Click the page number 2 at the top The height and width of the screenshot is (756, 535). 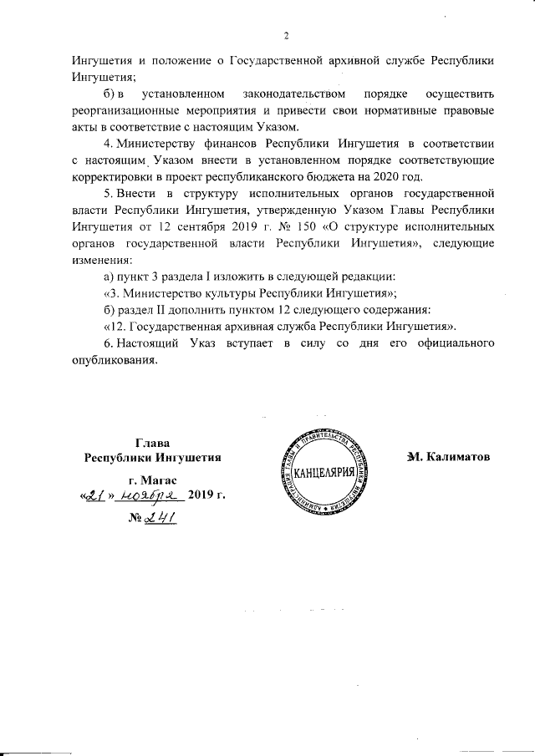click(286, 35)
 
